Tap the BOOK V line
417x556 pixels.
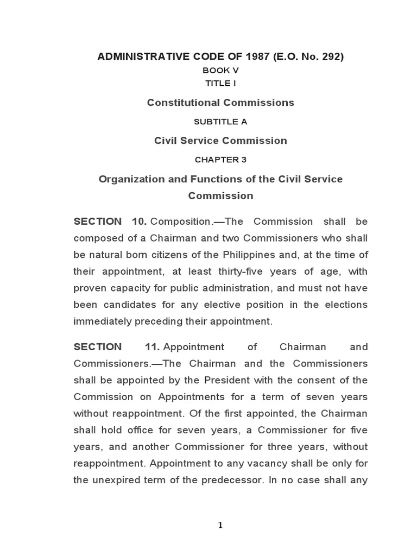click(220, 70)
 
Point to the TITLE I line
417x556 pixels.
click(220, 83)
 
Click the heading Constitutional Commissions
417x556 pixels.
click(220, 103)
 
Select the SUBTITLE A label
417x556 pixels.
click(220, 122)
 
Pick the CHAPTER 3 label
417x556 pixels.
click(220, 160)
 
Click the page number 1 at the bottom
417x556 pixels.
click(220, 525)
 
